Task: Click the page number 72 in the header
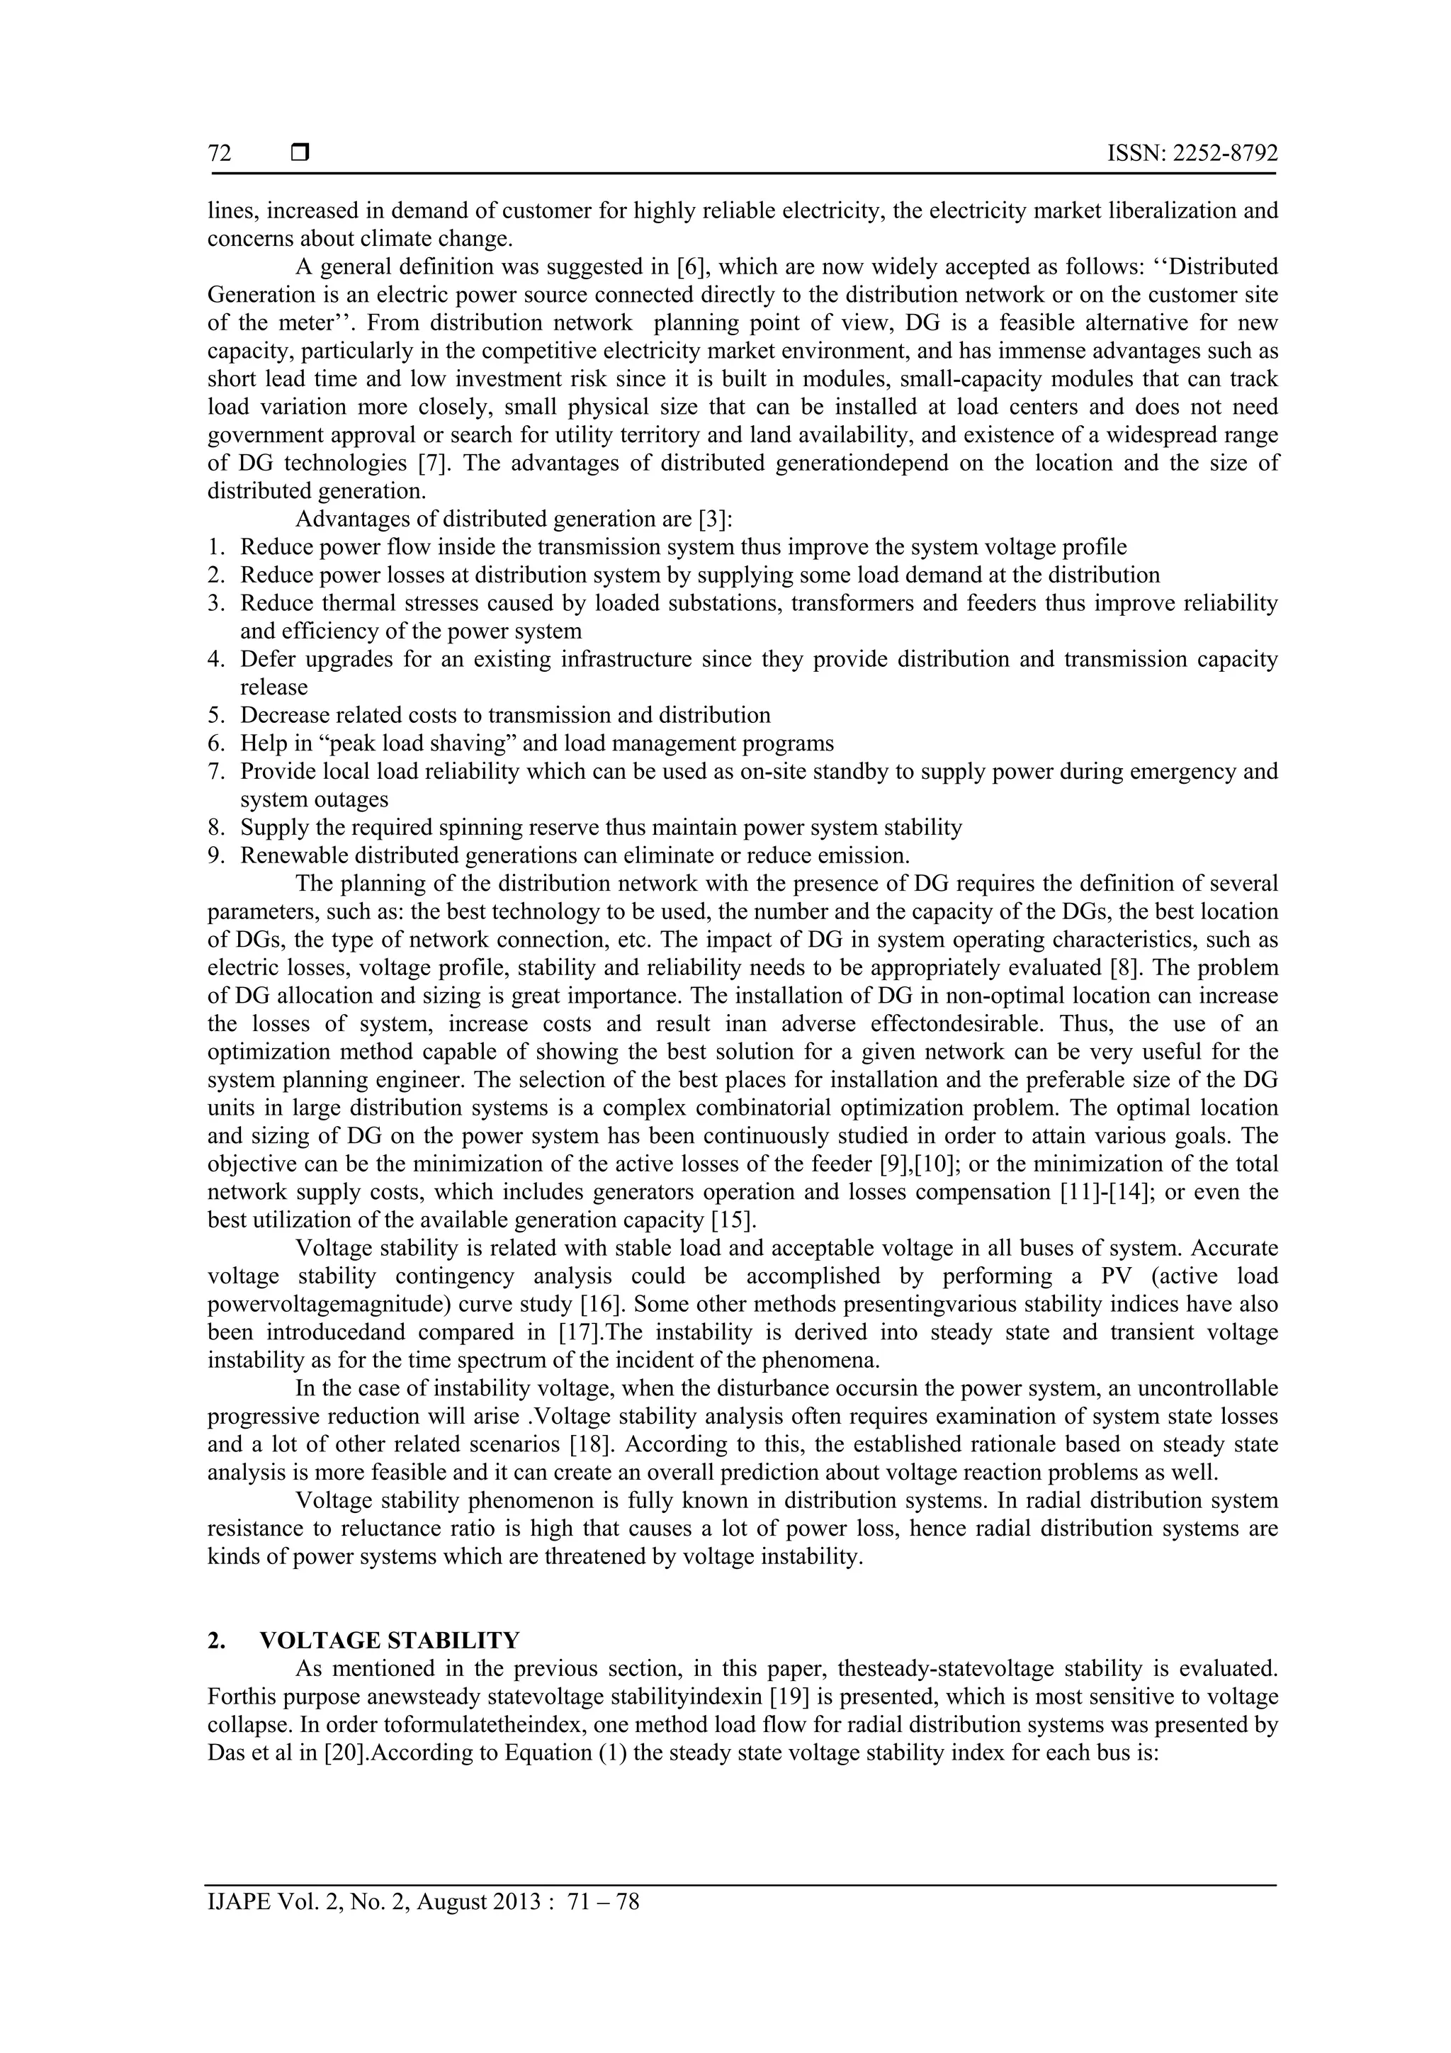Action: point(219,154)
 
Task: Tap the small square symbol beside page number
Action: point(300,154)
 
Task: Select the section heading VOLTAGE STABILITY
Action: point(389,1641)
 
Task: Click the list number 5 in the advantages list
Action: point(215,715)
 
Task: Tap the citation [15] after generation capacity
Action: point(730,1220)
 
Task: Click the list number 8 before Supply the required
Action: point(215,828)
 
